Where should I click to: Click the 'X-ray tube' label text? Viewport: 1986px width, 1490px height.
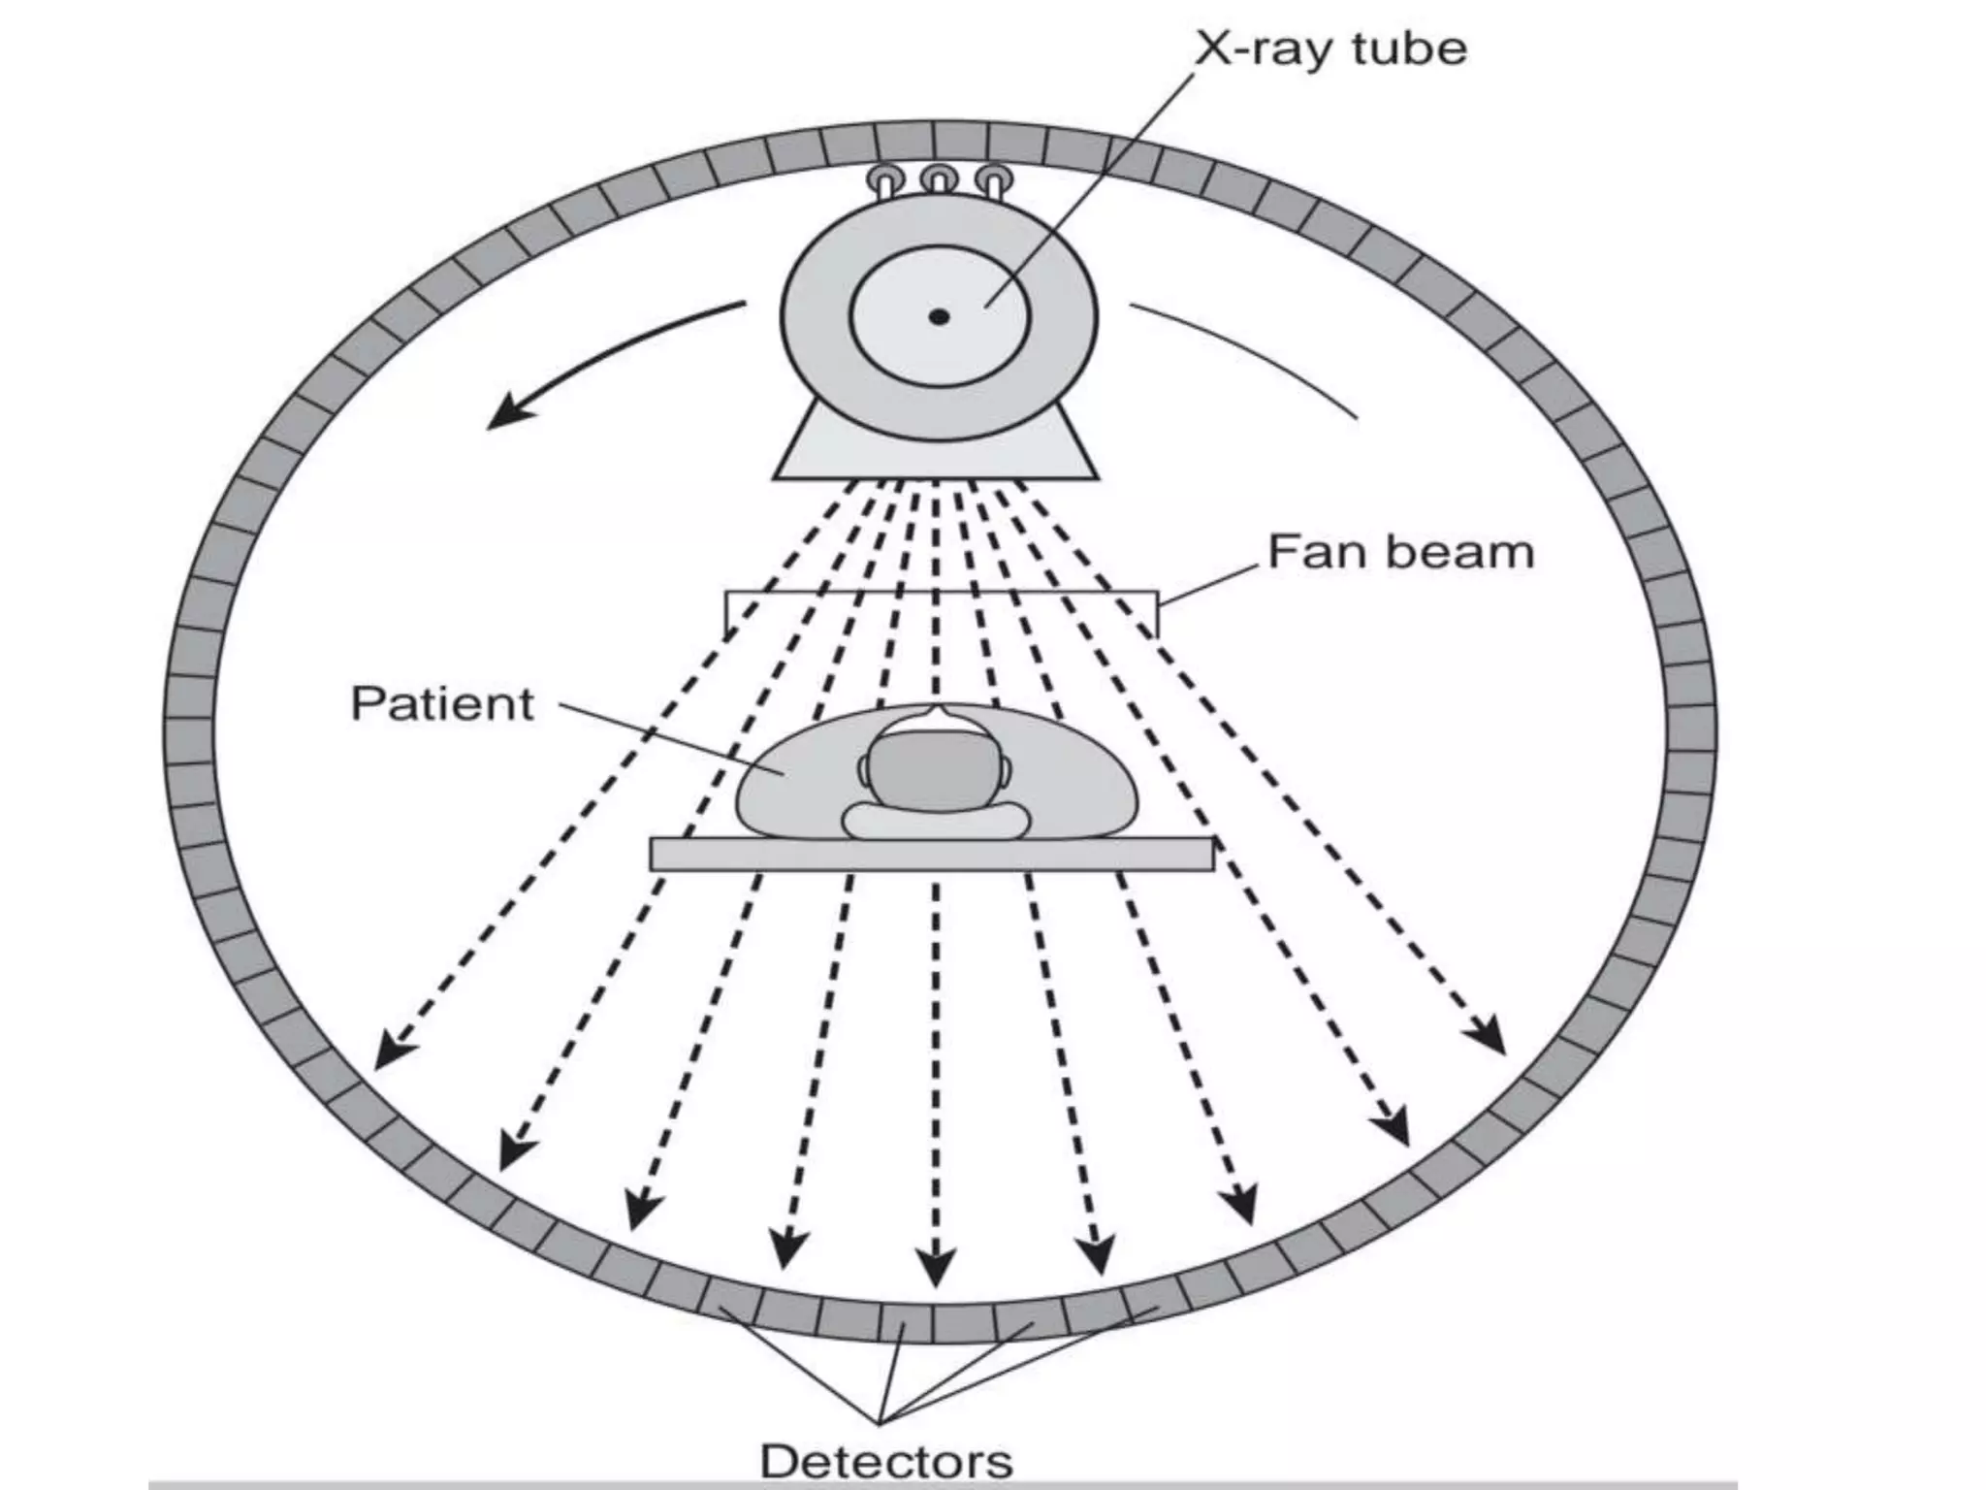tap(1330, 49)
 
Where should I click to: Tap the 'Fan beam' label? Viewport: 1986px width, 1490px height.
tap(1400, 553)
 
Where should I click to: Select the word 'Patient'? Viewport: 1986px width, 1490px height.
tap(441, 703)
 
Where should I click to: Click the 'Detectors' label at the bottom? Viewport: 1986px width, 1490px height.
tap(886, 1461)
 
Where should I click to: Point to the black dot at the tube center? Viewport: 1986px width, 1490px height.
tap(939, 316)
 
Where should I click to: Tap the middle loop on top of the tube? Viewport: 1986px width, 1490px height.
tap(939, 179)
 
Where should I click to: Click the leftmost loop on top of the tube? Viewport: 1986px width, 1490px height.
tap(883, 179)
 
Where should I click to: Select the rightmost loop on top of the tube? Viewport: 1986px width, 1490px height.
tap(994, 179)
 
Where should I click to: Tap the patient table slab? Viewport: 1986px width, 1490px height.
tap(931, 854)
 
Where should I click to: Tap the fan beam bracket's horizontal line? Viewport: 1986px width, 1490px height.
tap(941, 592)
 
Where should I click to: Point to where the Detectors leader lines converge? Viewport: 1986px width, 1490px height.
tap(880, 1421)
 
